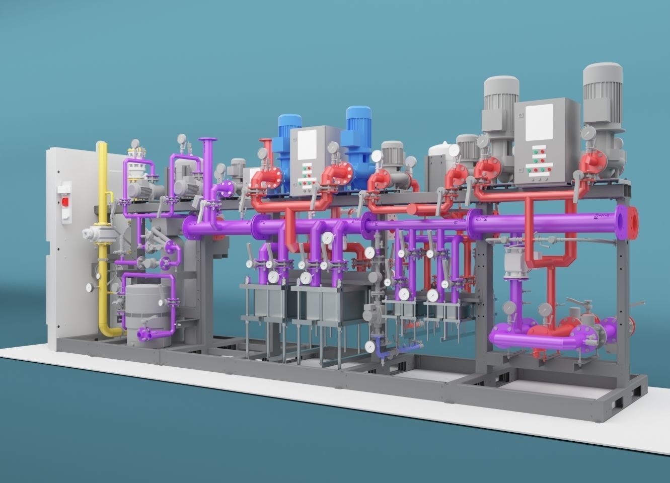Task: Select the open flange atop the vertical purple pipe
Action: (207, 141)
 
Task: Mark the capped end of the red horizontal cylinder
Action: (412, 209)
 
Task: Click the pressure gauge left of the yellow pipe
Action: (89, 287)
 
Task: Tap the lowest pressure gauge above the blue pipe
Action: (370, 346)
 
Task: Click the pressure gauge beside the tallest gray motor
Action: (587, 133)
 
